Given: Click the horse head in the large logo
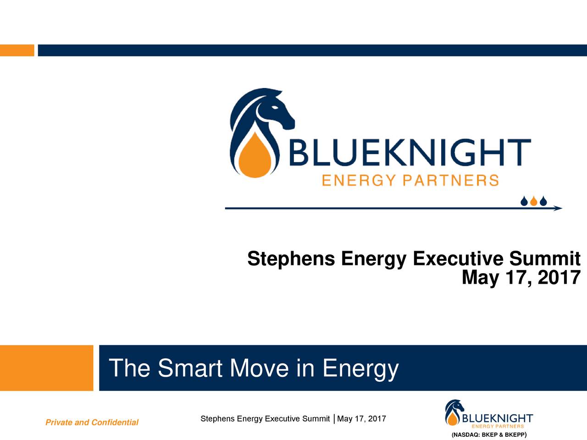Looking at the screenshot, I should pos(271,110).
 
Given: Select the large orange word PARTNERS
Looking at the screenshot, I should pos(450,181).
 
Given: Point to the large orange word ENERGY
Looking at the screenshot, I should pos(359,181).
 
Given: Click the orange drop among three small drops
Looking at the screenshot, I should pos(533,201).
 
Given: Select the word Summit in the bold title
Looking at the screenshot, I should pos(545,259).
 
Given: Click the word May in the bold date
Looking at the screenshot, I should pos(480,278).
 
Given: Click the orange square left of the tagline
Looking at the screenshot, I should pos(46,368).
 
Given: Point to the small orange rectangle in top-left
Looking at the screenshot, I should pos(17,50).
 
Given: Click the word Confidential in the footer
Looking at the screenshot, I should pos(115,423).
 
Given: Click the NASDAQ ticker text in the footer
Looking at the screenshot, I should pos(488,434).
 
